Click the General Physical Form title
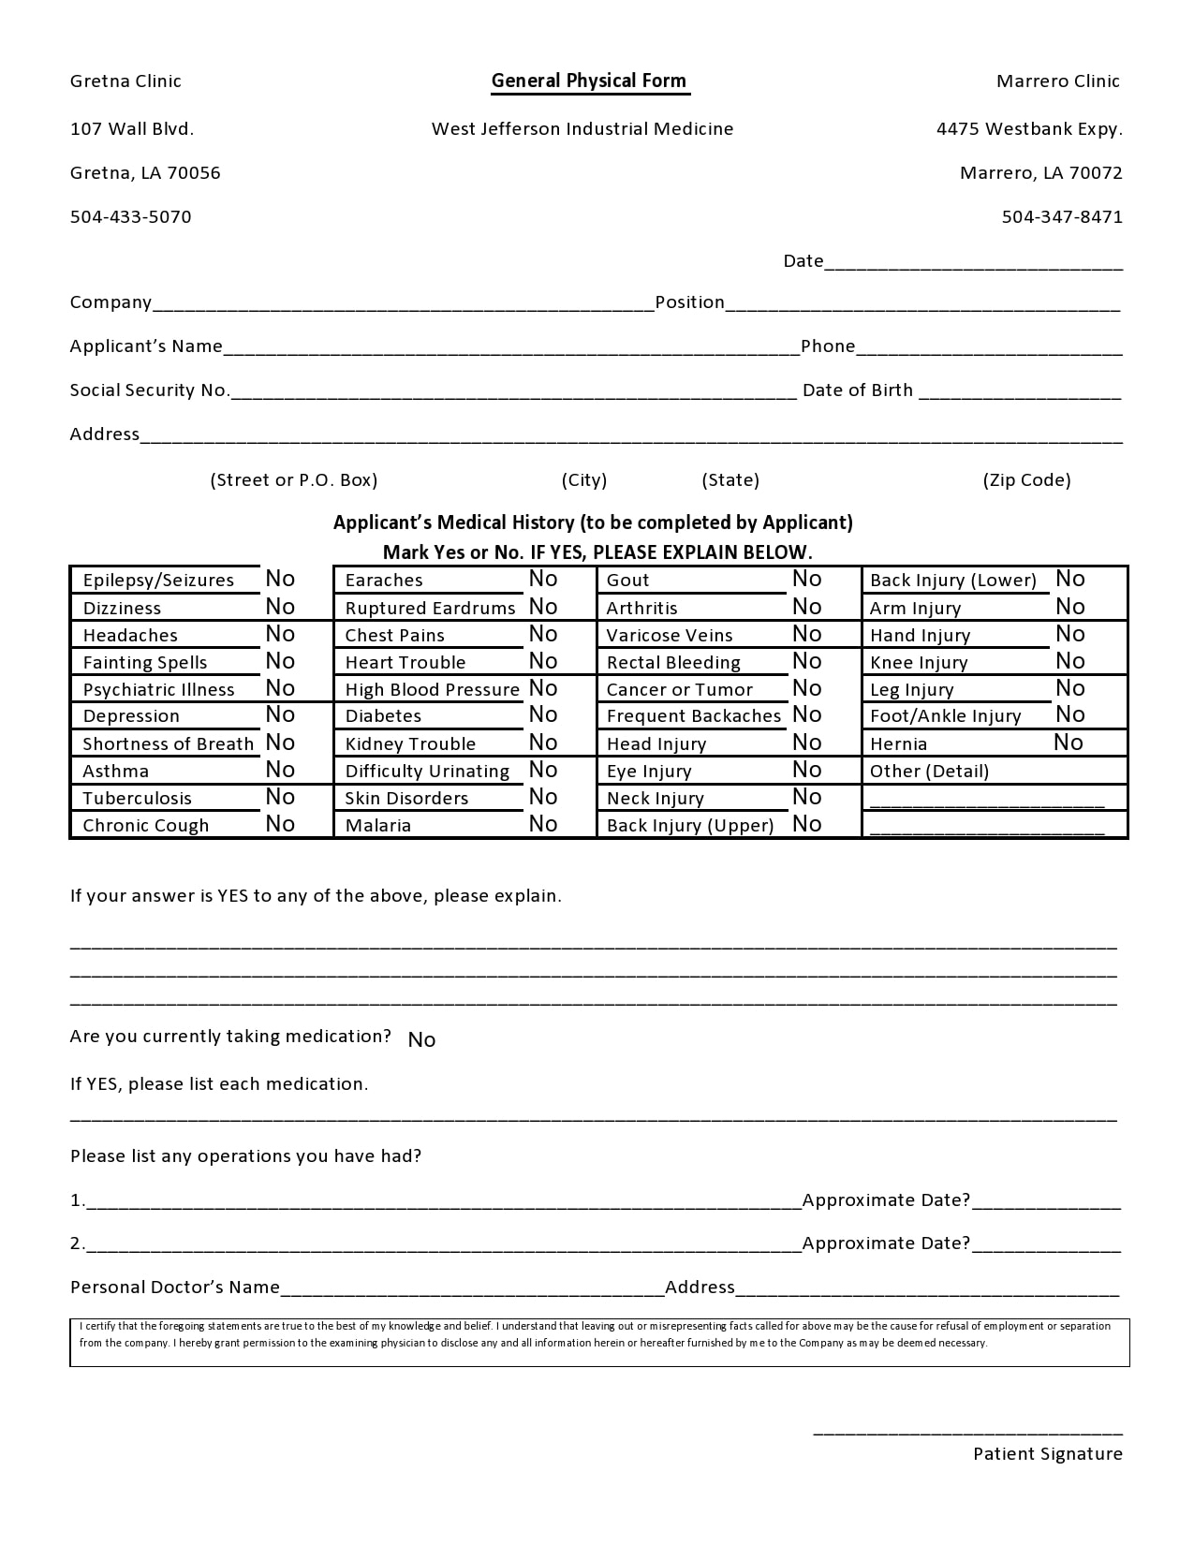point(589,81)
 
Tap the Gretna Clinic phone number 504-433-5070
point(130,217)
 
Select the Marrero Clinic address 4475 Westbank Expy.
point(1028,129)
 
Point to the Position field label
point(689,302)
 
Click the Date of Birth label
point(857,390)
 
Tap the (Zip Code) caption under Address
point(1025,480)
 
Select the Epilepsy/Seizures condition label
point(158,581)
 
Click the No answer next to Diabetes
point(543,715)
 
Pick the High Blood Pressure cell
point(432,690)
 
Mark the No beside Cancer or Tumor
point(806,689)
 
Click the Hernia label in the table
point(898,744)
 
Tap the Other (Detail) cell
point(929,772)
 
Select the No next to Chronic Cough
point(280,824)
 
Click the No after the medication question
point(421,1040)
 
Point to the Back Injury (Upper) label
point(690,826)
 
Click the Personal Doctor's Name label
point(175,1287)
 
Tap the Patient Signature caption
point(1047,1454)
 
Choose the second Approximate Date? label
point(886,1243)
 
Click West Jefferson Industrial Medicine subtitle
point(582,129)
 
